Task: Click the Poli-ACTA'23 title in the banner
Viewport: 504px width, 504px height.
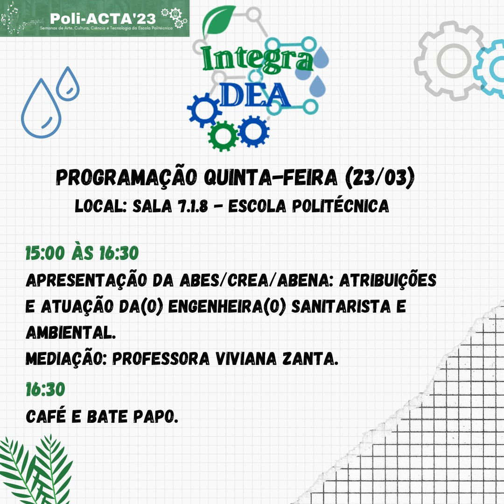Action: [103, 19]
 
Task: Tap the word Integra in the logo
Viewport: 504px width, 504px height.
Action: [258, 59]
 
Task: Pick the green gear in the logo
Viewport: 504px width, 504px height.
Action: [223, 136]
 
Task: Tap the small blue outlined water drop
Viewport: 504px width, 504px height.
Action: [68, 84]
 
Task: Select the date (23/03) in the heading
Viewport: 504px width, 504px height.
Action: [379, 177]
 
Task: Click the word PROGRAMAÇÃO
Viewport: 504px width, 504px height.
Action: [126, 177]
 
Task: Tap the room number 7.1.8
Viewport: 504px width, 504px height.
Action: [193, 206]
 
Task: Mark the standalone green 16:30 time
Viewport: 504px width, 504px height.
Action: [45, 389]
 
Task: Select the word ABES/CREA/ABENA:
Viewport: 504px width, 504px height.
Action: [257, 280]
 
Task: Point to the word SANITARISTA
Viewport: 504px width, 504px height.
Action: [341, 306]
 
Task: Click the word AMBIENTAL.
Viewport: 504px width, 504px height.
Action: [71, 332]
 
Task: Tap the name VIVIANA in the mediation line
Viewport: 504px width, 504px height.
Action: [246, 358]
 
